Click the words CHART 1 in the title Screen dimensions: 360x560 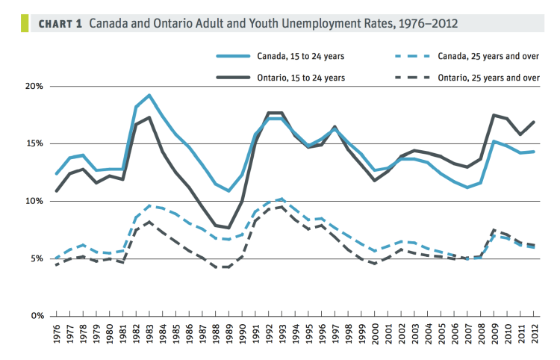point(61,24)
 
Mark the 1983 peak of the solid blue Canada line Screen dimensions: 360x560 point(149,96)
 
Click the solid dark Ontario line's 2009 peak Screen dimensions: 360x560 point(494,115)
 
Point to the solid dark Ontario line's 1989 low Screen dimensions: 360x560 point(229,228)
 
